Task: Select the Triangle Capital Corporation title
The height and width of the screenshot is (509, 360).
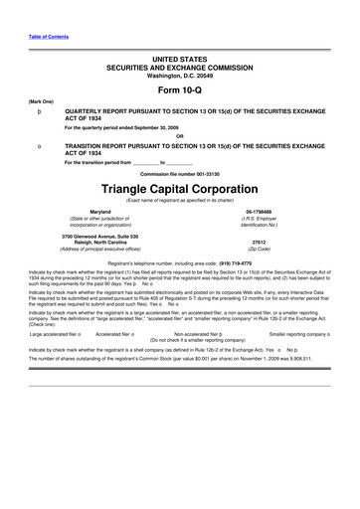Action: coord(179,186)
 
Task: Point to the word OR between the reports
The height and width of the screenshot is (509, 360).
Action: coord(179,136)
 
